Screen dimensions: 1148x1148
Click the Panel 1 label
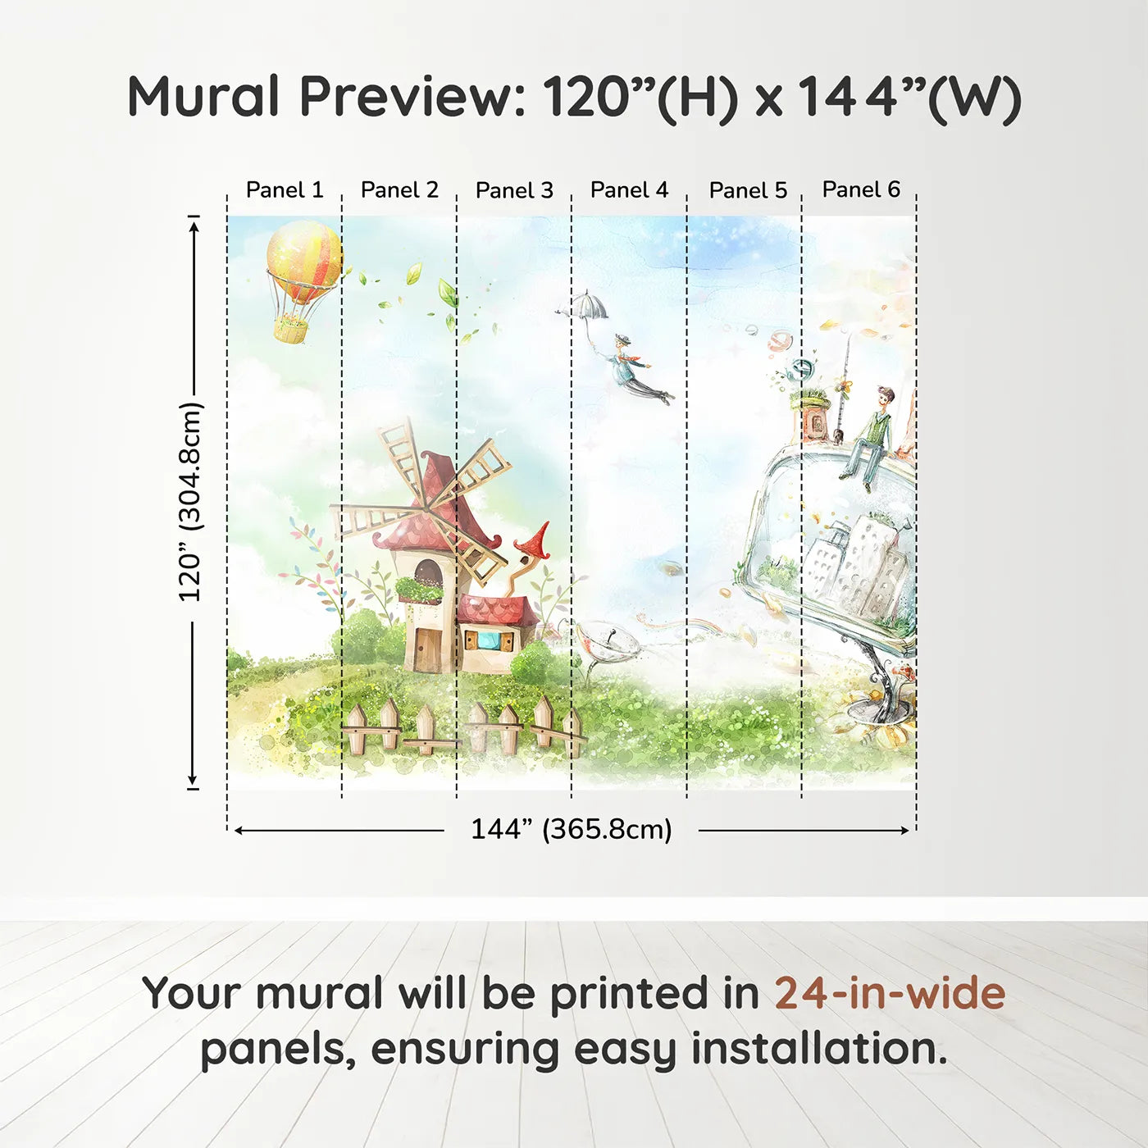pyautogui.click(x=285, y=190)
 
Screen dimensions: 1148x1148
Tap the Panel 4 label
pyautogui.click(x=629, y=190)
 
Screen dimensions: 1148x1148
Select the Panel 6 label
pyautogui.click(x=861, y=189)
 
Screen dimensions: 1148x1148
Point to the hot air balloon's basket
pyautogui.click(x=291, y=330)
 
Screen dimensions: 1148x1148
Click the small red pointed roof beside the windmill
pyautogui.click(x=533, y=541)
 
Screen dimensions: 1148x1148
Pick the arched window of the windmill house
pyautogui.click(x=428, y=572)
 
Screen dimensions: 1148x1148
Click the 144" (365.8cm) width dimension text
pyautogui.click(x=571, y=830)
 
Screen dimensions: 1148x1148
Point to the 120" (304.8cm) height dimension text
pyautogui.click(x=190, y=502)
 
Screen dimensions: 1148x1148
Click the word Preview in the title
pyautogui.click(x=410, y=97)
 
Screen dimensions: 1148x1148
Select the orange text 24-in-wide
pyautogui.click(x=890, y=994)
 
